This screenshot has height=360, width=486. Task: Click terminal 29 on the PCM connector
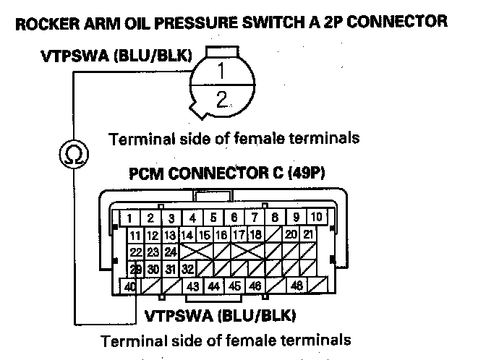(x=135, y=268)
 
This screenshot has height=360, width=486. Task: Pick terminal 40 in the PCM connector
(x=131, y=286)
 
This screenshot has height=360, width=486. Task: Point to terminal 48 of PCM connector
(x=297, y=286)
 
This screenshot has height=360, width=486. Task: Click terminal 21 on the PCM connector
(x=308, y=234)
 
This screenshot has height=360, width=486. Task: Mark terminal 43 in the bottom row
(x=192, y=286)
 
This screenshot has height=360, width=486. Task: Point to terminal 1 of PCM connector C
(x=129, y=217)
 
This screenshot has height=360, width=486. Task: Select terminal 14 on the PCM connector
(x=187, y=234)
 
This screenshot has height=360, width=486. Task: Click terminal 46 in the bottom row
(x=255, y=286)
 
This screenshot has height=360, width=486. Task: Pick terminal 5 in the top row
(x=213, y=217)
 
